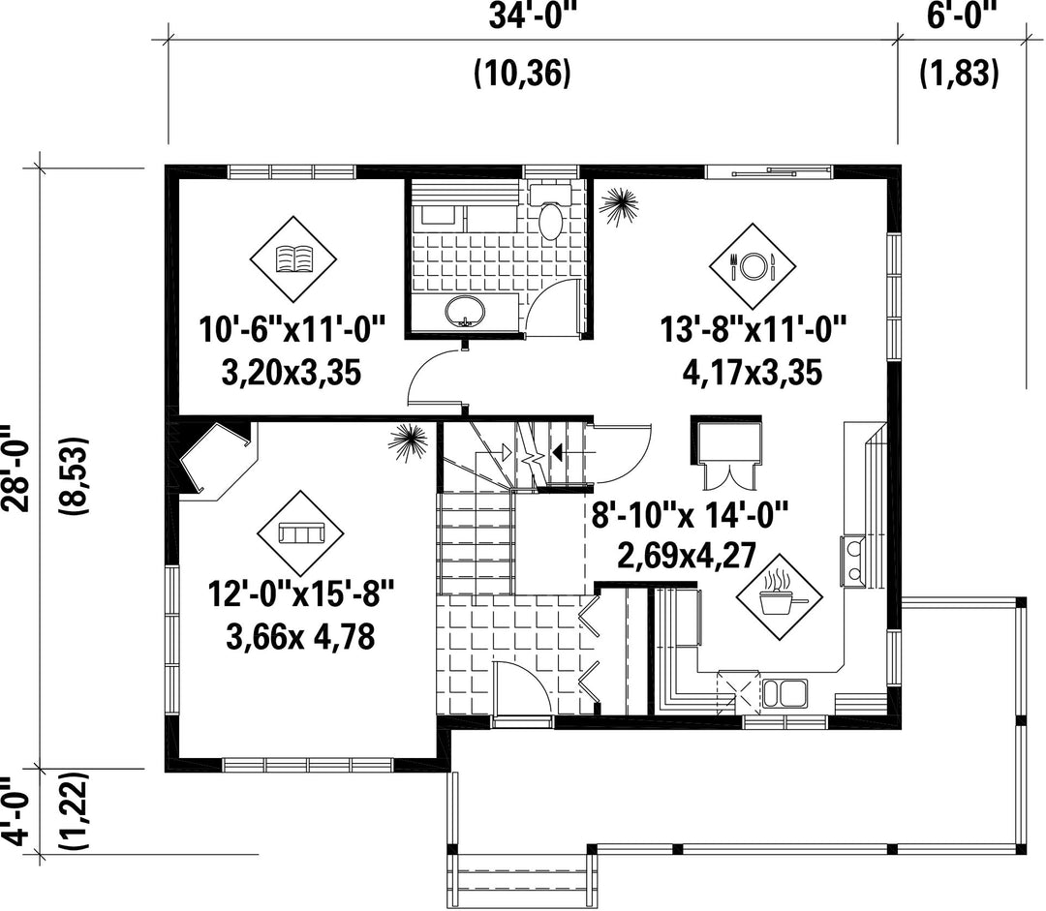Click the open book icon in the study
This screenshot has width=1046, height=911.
pyautogui.click(x=293, y=258)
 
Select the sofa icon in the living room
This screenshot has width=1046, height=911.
pyautogui.click(x=301, y=532)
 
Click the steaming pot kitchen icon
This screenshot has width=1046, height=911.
pyautogui.click(x=779, y=595)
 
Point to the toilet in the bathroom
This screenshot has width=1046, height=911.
pyautogui.click(x=551, y=213)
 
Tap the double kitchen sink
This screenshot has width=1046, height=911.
pyautogui.click(x=784, y=693)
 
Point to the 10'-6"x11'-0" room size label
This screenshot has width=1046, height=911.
pyautogui.click(x=292, y=330)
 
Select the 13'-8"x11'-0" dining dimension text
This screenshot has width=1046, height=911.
pyautogui.click(x=754, y=329)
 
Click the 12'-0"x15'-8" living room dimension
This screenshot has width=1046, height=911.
pyautogui.click(x=301, y=593)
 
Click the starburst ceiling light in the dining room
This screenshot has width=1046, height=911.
pyautogui.click(x=618, y=205)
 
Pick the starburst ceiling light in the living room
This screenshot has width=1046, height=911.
pyautogui.click(x=408, y=442)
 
